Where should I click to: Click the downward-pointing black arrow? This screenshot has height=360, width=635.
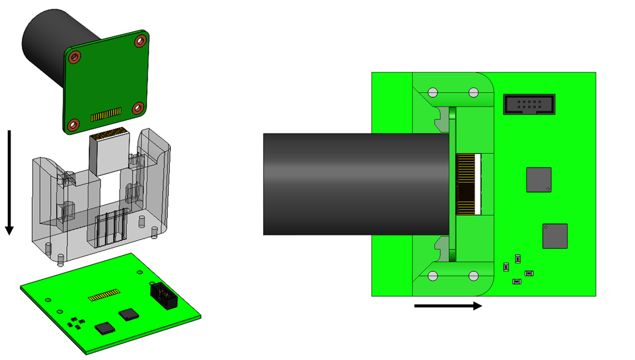pyautogui.click(x=9, y=179)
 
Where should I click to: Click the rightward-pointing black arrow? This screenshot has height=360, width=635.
pyautogui.click(x=448, y=306)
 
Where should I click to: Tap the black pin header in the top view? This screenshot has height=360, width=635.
pyautogui.click(x=529, y=104)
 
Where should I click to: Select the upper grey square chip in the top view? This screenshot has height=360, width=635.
pyautogui.click(x=539, y=180)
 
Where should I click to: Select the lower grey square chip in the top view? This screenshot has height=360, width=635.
pyautogui.click(x=555, y=236)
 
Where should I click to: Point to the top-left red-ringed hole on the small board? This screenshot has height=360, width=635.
pyautogui.click(x=75, y=56)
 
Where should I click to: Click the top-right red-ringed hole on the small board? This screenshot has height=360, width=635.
pyautogui.click(x=140, y=41)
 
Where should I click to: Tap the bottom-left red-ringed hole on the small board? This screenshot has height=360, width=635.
pyautogui.click(x=73, y=125)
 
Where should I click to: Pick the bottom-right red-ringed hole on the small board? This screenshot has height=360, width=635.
pyautogui.click(x=138, y=108)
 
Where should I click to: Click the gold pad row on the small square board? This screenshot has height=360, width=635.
pyautogui.click(x=106, y=115)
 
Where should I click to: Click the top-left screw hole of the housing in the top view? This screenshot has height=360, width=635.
pyautogui.click(x=433, y=93)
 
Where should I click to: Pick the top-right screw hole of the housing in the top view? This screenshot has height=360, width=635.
pyautogui.click(x=473, y=93)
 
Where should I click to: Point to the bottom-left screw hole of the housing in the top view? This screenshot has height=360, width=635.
pyautogui.click(x=433, y=276)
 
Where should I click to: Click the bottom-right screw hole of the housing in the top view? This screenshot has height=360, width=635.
pyautogui.click(x=473, y=276)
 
